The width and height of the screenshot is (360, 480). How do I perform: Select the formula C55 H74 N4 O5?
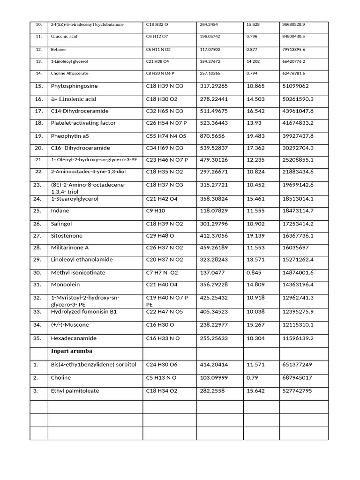pyautogui.click(x=166, y=136)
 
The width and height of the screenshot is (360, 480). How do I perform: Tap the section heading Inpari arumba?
pyautogui.click(x=72, y=351)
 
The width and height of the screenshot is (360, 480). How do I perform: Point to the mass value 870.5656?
pyautogui.click(x=212, y=136)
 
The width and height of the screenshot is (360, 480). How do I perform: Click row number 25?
pyautogui.click(x=38, y=211)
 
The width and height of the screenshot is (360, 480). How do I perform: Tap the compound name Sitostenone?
pyautogui.click(x=67, y=236)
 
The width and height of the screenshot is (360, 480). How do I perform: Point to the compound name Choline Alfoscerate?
pyautogui.click(x=69, y=74)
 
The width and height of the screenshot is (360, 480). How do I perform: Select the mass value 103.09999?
pyautogui.click(x=214, y=377)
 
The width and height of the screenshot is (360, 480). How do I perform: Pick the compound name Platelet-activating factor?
pyautogui.click(x=83, y=123)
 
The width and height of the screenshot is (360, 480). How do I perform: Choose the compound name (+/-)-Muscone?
pyautogui.click(x=70, y=325)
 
